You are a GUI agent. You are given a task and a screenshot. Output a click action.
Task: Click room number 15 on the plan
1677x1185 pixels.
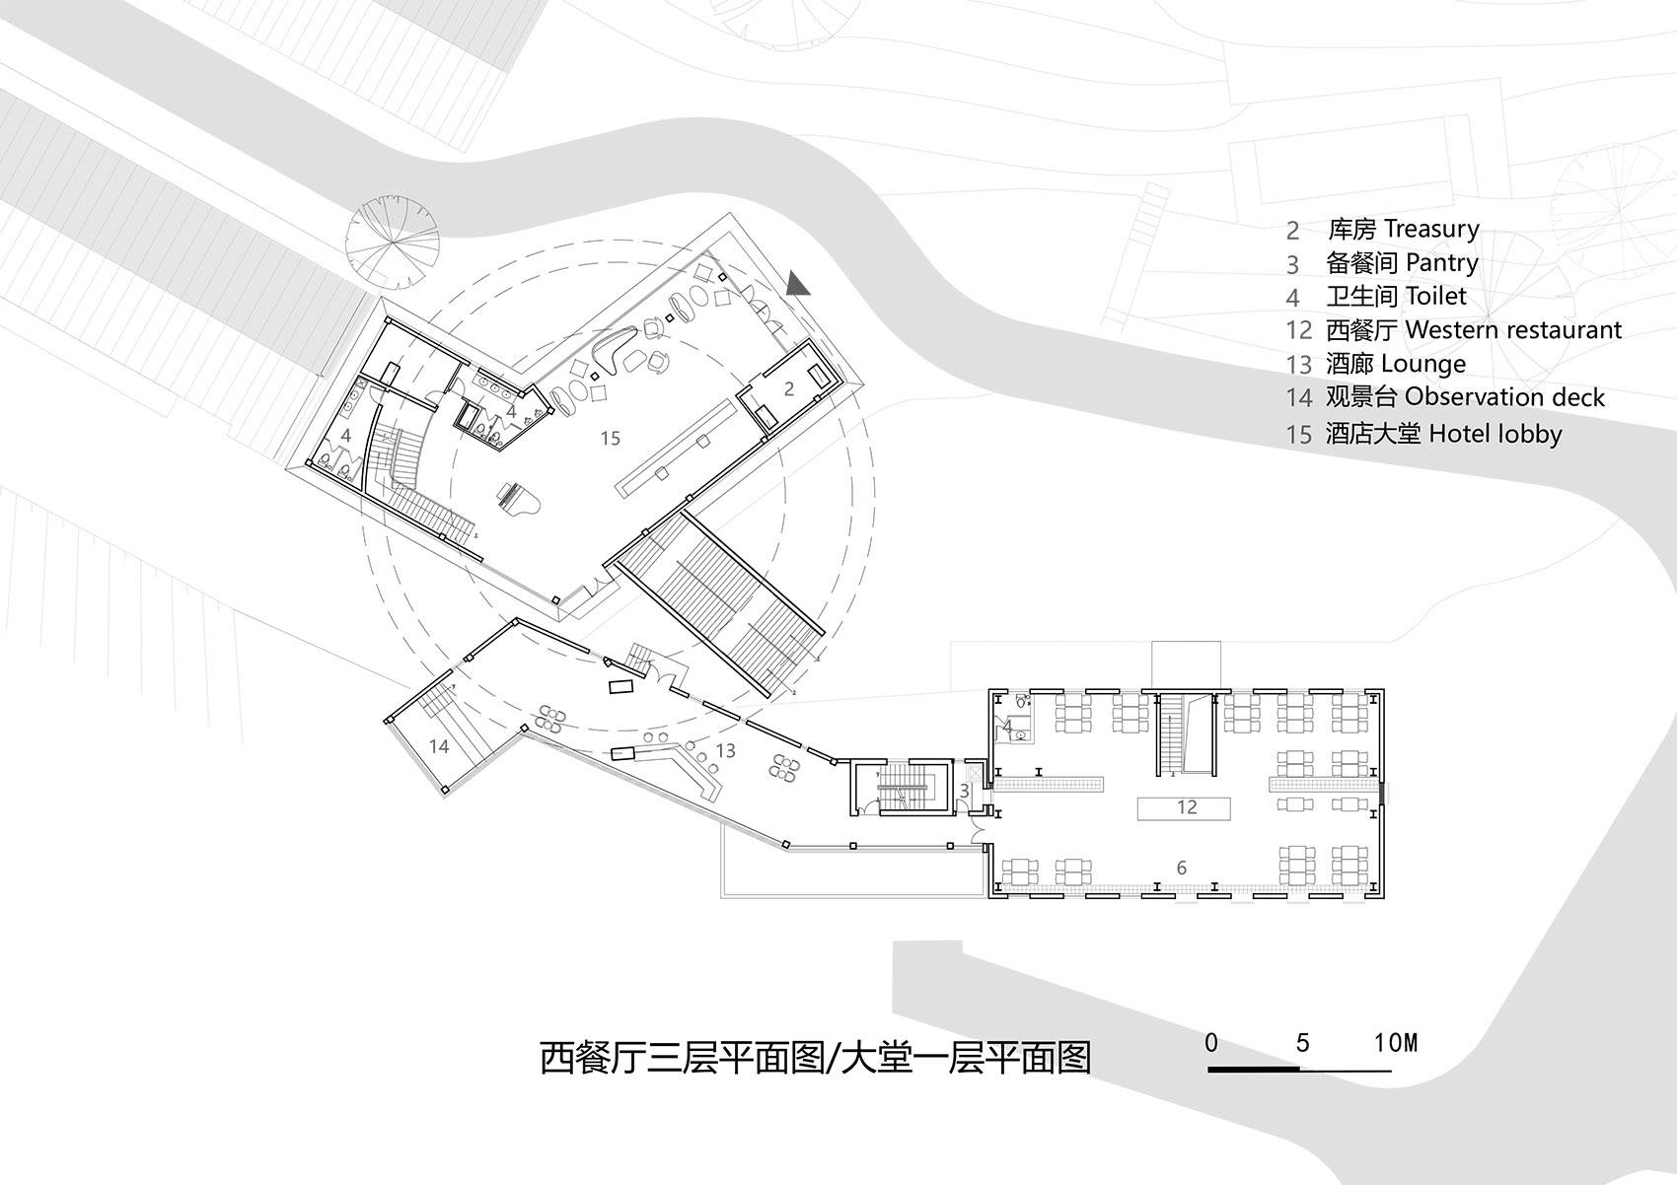click(611, 439)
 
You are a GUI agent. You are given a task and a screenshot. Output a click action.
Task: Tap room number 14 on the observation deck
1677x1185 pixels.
click(439, 746)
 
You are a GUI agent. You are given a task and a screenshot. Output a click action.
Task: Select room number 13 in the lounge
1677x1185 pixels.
click(725, 750)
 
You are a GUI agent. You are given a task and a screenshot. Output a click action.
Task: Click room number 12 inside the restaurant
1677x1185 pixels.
click(1187, 807)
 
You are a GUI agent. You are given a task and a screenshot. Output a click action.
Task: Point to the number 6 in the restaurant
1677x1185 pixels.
click(1182, 868)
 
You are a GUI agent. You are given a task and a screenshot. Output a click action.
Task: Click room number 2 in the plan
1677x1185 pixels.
click(788, 389)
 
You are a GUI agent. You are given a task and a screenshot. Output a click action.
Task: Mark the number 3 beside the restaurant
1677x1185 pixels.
click(965, 791)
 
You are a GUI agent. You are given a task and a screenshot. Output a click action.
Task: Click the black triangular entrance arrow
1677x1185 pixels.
click(797, 284)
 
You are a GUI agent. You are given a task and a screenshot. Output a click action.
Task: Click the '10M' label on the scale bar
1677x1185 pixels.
click(1396, 1043)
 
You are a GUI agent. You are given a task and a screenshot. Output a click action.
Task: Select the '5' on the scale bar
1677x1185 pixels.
click(1303, 1043)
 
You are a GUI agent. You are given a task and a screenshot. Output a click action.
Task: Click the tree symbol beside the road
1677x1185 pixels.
click(392, 243)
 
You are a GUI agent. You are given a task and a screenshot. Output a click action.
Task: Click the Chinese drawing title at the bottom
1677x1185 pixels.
click(815, 1059)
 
